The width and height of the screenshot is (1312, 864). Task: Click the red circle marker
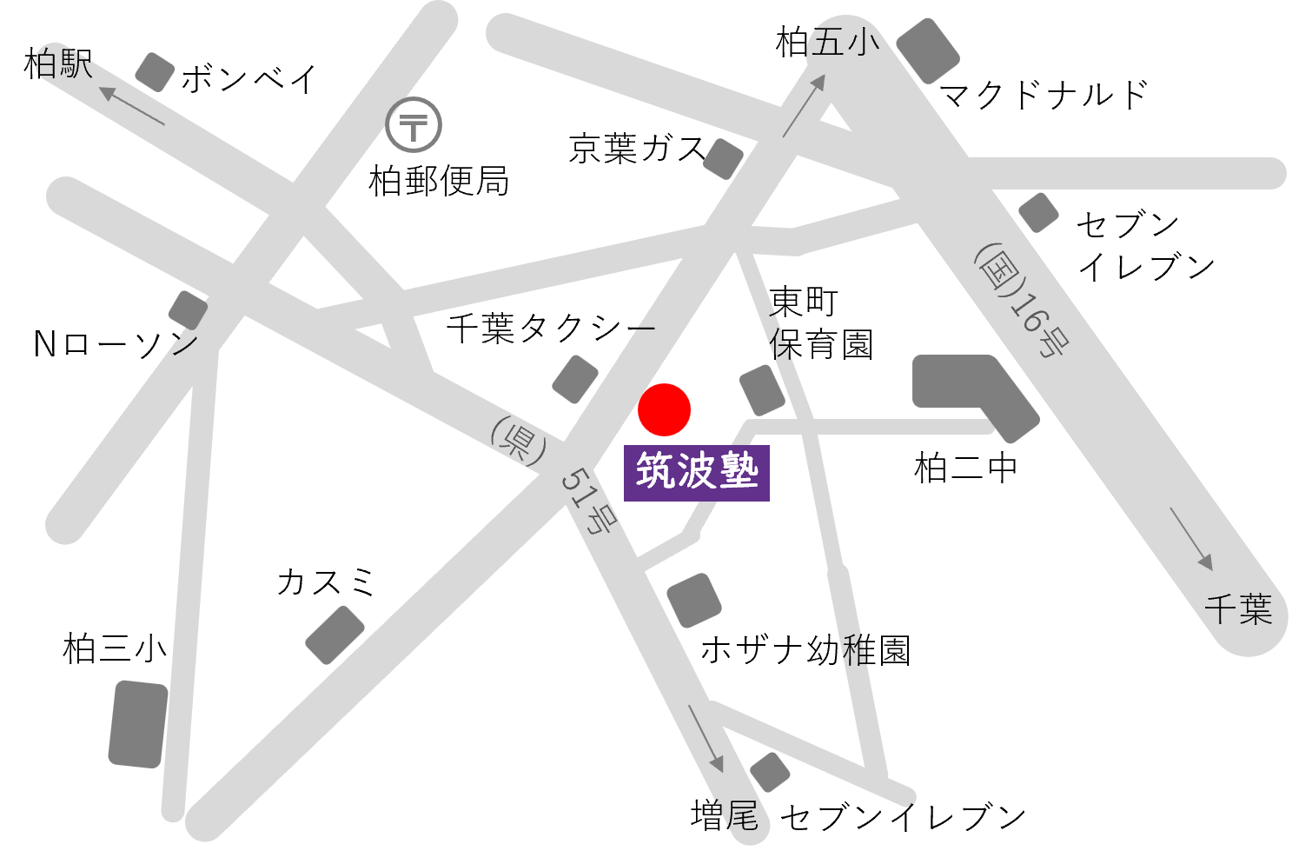[x=664, y=409]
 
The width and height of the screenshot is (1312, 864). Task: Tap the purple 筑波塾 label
[x=697, y=473]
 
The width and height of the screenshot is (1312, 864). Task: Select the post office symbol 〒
[x=414, y=125]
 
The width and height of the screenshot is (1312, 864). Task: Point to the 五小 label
[x=840, y=42]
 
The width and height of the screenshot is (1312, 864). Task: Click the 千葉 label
[x=1238, y=609]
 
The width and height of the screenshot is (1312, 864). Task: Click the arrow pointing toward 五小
[x=805, y=104]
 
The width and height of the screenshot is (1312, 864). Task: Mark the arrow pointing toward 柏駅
[x=132, y=104]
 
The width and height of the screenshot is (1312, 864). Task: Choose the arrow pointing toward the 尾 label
[x=706, y=738]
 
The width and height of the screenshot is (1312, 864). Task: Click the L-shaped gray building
[x=973, y=394]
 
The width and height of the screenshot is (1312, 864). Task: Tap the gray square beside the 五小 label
[x=928, y=50]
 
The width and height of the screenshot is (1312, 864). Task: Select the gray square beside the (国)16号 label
[x=1038, y=213]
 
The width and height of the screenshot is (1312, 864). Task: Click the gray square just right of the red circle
[x=762, y=390]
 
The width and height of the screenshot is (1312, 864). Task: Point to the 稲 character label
[x=856, y=650]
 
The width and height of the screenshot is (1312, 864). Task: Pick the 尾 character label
[x=739, y=815]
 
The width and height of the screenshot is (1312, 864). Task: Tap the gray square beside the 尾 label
[x=770, y=773]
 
